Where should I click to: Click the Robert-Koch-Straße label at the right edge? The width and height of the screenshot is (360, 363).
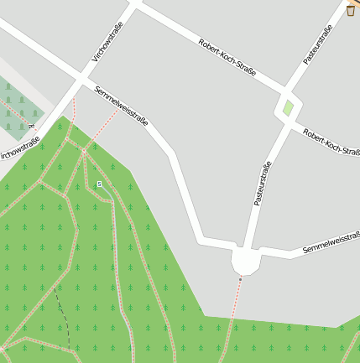[331, 141]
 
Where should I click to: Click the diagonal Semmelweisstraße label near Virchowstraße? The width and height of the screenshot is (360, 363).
[122, 106]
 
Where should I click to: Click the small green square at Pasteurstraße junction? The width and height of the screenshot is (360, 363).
[288, 108]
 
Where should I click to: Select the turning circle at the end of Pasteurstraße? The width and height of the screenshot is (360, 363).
[245, 261]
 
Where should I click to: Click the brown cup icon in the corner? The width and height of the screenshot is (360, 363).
[351, 10]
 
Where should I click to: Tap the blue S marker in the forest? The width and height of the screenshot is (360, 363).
[99, 184]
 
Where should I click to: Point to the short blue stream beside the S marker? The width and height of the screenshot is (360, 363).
[107, 195]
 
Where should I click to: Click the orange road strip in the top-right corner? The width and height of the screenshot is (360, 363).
[356, 3]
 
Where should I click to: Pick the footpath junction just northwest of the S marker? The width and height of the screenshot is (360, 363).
[84, 152]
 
